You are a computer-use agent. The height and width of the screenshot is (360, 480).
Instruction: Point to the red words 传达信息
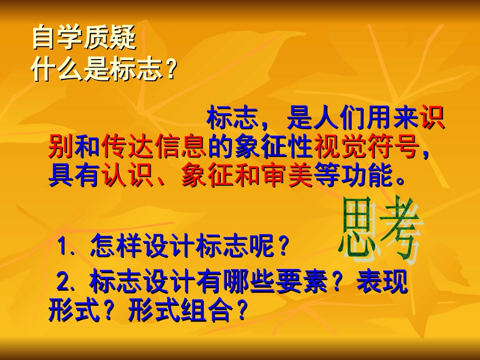tap(154, 147)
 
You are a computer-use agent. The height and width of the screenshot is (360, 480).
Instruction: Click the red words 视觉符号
tap(367, 147)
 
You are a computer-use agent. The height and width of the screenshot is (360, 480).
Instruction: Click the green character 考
tap(399, 230)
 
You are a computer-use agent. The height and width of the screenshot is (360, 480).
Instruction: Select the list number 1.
tap(64, 247)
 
